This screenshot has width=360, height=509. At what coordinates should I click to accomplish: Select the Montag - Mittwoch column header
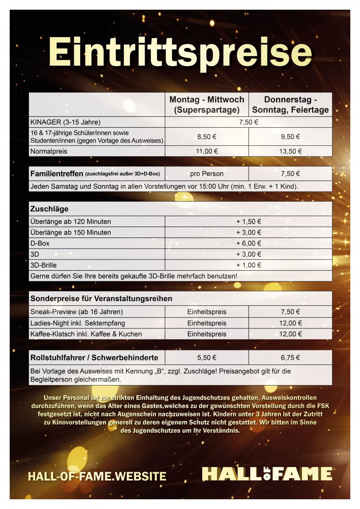(x=207, y=105)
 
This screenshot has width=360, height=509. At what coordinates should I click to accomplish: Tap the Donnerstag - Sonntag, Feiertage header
(x=290, y=105)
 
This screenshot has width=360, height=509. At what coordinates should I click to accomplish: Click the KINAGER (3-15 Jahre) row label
(x=65, y=122)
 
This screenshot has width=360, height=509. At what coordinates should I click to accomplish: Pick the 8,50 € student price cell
(x=207, y=137)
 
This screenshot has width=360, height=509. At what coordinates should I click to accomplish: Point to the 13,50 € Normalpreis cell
(x=290, y=151)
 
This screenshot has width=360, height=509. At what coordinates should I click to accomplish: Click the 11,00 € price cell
(x=207, y=151)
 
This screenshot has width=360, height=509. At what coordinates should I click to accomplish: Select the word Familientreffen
(x=57, y=173)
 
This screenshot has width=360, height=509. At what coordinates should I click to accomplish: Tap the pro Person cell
(x=207, y=173)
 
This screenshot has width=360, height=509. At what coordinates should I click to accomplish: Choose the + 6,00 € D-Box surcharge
(x=248, y=243)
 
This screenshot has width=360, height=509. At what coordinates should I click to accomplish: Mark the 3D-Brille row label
(x=43, y=265)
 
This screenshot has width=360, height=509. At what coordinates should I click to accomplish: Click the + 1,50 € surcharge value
(x=248, y=221)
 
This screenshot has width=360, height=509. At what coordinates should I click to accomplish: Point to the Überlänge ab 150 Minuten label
(x=70, y=232)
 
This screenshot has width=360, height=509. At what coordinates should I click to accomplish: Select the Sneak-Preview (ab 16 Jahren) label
(x=76, y=312)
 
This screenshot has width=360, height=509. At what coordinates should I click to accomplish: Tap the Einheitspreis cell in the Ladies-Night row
(x=207, y=323)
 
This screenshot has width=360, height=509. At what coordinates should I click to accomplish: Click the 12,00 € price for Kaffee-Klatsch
(x=290, y=334)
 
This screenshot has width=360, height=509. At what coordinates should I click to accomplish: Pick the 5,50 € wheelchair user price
(x=207, y=358)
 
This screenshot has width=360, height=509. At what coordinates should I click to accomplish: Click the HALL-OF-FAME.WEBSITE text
(x=97, y=476)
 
